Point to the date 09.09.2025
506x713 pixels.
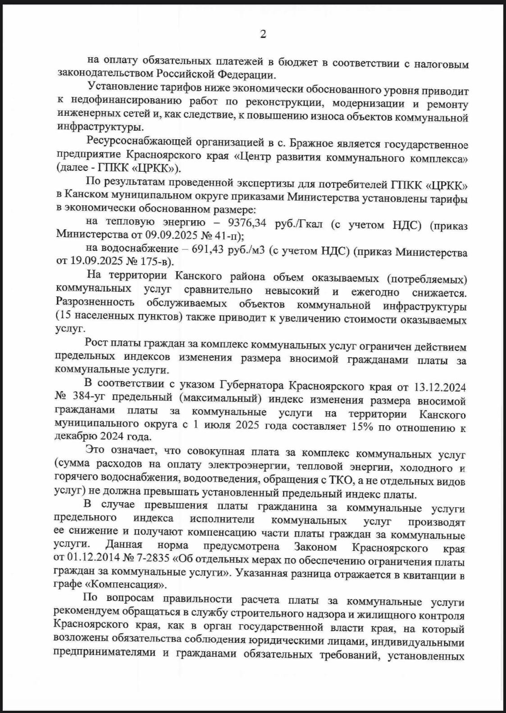click(169, 235)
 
